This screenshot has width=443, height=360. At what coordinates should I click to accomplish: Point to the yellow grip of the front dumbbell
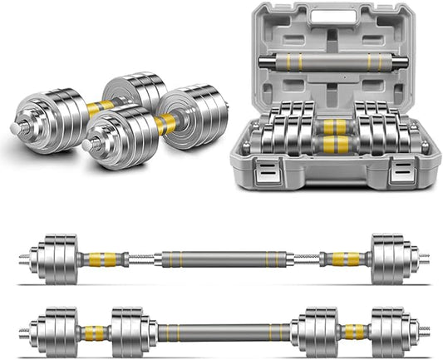click(x=165, y=125)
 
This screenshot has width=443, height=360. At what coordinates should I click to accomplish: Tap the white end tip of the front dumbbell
click(x=86, y=145)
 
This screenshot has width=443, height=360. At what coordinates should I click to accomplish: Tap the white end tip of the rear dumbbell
click(x=15, y=129)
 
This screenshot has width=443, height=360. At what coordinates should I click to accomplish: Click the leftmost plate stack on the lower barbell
click(x=57, y=333)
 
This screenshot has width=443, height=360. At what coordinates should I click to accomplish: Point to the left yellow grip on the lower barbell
click(x=92, y=333)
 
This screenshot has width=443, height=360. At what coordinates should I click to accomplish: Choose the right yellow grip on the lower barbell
click(x=353, y=333)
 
